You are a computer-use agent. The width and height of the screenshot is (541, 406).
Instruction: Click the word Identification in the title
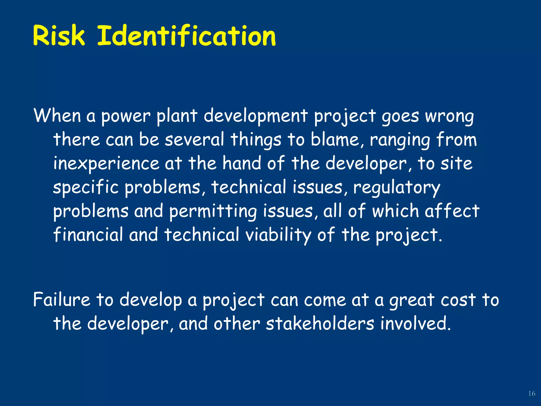point(186,36)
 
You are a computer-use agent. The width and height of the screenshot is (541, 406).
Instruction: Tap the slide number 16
point(531,394)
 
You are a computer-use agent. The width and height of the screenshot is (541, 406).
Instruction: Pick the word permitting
point(213,211)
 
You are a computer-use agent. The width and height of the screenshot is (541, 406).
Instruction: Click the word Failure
point(62,300)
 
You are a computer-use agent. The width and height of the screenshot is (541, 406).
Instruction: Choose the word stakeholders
point(320,324)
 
